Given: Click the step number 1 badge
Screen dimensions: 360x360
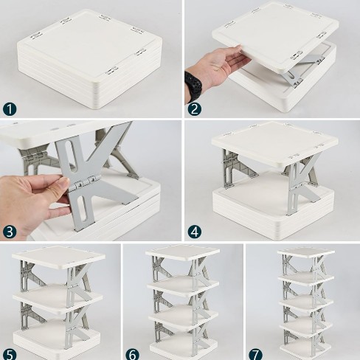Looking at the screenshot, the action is click(10, 109).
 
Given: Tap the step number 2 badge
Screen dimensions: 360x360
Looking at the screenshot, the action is click(194, 109).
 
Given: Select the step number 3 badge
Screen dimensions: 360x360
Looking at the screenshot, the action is click(10, 232).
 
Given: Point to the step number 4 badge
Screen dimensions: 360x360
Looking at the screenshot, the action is click(194, 232).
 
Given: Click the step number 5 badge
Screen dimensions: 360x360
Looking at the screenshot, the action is click(10, 355).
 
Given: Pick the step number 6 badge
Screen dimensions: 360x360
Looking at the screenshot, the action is click(133, 355).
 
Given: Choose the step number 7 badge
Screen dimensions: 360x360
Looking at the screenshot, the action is click(255, 355).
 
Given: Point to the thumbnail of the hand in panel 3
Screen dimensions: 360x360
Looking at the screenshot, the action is click(64, 182).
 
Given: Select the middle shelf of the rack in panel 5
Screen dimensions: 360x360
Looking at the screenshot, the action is click(58, 298).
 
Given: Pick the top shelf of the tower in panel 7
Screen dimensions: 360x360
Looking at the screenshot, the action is click(306, 253).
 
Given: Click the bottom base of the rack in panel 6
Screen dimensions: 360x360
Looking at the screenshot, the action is click(182, 347).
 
